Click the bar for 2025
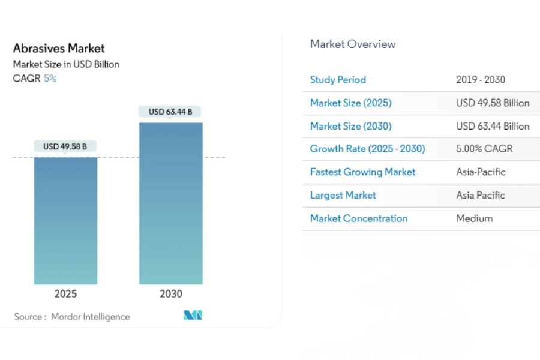65,221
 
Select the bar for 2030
171,203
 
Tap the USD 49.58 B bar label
65,146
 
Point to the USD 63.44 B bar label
170,112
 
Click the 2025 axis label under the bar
65,294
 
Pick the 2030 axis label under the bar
171,294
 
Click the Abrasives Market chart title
59,48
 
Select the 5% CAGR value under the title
50,78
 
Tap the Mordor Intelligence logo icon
193,315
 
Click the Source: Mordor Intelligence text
72,317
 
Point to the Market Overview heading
353,44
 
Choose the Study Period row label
338,80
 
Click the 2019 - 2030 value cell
481,80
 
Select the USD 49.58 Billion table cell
493,103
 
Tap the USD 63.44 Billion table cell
493,126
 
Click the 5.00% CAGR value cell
484,148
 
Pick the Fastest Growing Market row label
362,172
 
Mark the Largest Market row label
343,195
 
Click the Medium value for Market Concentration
474,218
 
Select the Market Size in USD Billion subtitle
66,64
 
